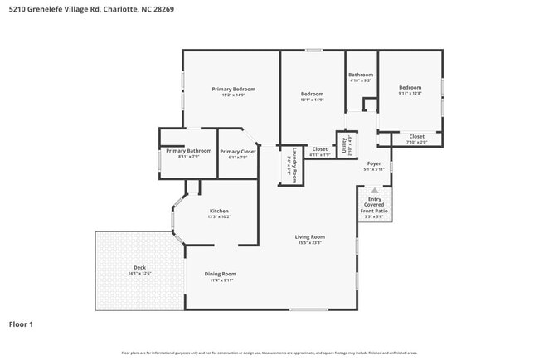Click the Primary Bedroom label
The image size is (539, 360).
[x=233, y=89]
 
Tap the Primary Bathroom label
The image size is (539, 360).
[x=188, y=151]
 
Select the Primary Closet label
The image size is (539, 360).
[x=237, y=152]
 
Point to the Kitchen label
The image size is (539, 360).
[x=218, y=211]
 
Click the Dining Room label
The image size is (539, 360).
[x=221, y=274]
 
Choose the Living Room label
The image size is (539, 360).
[x=310, y=236]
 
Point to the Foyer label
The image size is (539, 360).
[x=373, y=163]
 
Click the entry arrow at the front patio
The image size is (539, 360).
[x=373, y=190]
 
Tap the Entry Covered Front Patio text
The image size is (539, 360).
[x=373, y=205]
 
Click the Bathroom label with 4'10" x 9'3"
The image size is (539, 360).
[x=360, y=75]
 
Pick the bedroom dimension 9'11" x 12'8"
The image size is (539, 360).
[x=410, y=94]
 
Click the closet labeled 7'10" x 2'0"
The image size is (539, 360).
[x=416, y=142]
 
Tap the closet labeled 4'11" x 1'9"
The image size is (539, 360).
[x=319, y=154]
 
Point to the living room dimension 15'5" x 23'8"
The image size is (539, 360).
[x=310, y=243]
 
